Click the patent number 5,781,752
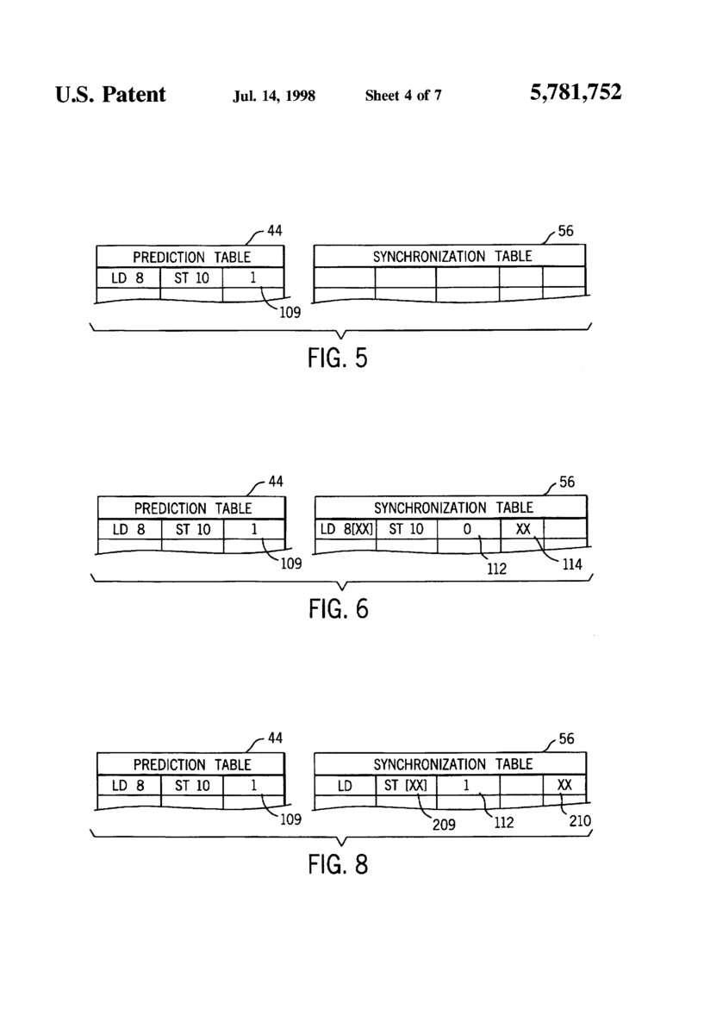[576, 93]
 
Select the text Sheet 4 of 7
[403, 96]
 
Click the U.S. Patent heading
[110, 94]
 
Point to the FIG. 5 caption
[338, 357]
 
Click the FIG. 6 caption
[338, 609]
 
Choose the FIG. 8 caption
[338, 863]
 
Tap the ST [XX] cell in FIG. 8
[406, 785]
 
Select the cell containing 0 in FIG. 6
[468, 529]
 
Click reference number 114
[570, 566]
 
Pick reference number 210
[580, 820]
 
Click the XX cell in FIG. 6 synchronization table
[523, 529]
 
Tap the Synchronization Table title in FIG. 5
[452, 256]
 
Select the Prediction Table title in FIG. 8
[191, 764]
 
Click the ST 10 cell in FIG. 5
[191, 277]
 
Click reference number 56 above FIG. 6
[566, 483]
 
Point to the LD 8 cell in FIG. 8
[128, 785]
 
